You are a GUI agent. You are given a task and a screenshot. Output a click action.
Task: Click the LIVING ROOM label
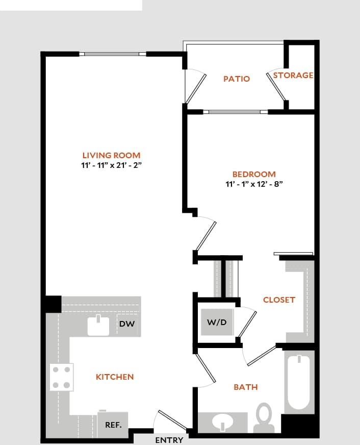point(111,155)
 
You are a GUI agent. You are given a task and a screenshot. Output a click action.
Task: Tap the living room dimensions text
point(111,165)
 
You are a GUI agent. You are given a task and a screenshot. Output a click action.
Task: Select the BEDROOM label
point(254,175)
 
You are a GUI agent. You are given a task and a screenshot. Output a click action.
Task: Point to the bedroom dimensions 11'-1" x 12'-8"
point(254,184)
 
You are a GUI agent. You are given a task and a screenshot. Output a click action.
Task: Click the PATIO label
point(237,79)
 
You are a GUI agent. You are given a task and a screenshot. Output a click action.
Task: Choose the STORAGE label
point(293,76)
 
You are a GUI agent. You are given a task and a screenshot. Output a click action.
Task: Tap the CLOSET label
point(279,300)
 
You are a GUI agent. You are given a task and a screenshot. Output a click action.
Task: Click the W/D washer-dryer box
point(217,323)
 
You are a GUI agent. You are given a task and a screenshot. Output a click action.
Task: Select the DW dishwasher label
point(126,324)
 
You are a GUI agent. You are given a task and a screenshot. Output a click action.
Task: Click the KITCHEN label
point(115,377)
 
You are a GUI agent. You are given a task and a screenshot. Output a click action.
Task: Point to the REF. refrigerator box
point(113,425)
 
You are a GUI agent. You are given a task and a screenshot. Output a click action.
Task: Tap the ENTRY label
point(169,440)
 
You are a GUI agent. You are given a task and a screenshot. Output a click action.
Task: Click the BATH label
point(245,387)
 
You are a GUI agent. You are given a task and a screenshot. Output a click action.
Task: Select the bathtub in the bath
point(298,382)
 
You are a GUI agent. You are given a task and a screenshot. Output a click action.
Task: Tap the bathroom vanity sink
point(222,422)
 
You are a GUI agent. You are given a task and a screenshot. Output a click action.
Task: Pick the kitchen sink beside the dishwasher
point(98,326)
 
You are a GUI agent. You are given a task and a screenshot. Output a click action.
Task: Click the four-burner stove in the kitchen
point(61,377)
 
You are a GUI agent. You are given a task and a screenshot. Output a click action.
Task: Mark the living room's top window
point(112,54)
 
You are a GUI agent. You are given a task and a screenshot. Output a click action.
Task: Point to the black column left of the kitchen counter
point(53,304)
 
